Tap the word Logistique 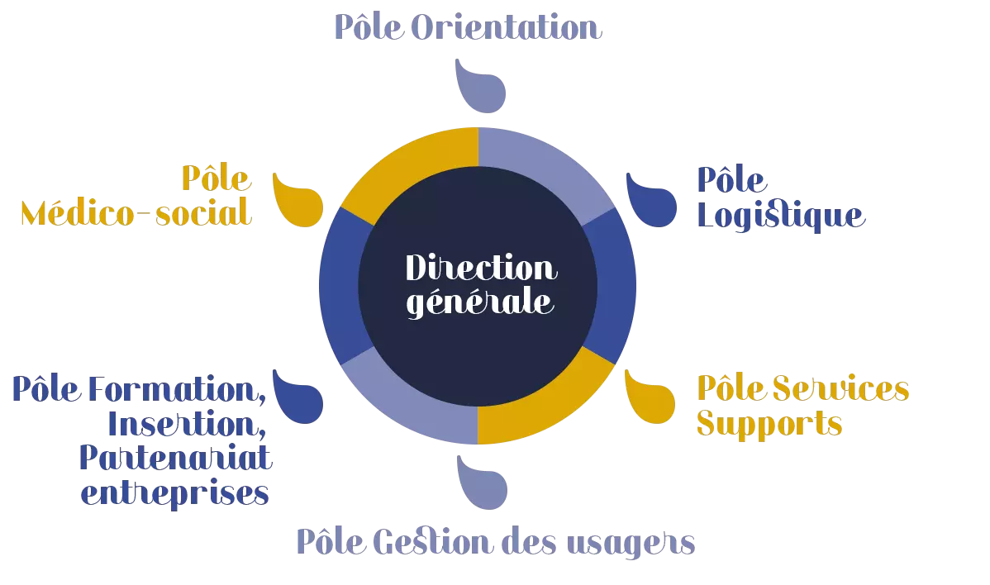[781, 216]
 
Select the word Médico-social [136, 214]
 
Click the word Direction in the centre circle [481, 268]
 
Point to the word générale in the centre [481, 302]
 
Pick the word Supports [769, 424]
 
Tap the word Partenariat [176, 459]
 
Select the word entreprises [177, 494]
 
